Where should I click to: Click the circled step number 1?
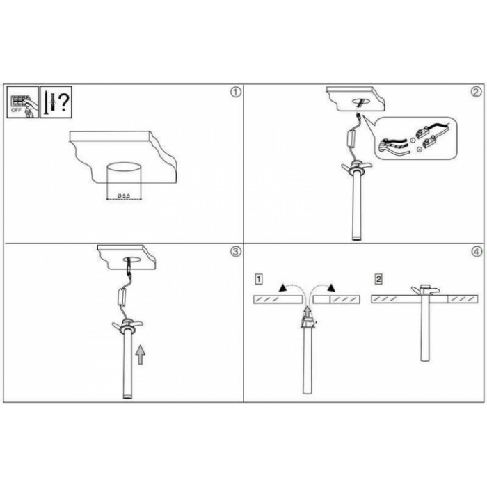coord(236,93)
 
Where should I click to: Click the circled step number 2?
coord(477,92)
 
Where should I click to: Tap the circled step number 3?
coord(236,251)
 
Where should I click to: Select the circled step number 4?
coord(477,252)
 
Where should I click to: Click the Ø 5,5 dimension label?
coord(124,195)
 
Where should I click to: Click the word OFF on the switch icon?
coord(16,110)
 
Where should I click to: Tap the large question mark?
coord(64,102)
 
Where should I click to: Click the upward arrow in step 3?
coord(141,355)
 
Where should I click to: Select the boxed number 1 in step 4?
coord(258,279)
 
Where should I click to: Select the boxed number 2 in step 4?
coord(378,279)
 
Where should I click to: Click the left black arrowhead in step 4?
coord(283,288)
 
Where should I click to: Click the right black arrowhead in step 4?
coord(331,288)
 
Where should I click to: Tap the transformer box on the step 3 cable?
coord(122,297)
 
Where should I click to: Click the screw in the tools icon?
coord(47,102)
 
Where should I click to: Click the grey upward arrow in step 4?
coord(307,312)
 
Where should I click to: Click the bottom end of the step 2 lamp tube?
coord(357,239)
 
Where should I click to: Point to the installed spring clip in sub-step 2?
coord(425,290)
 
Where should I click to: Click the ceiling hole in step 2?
coord(360,102)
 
